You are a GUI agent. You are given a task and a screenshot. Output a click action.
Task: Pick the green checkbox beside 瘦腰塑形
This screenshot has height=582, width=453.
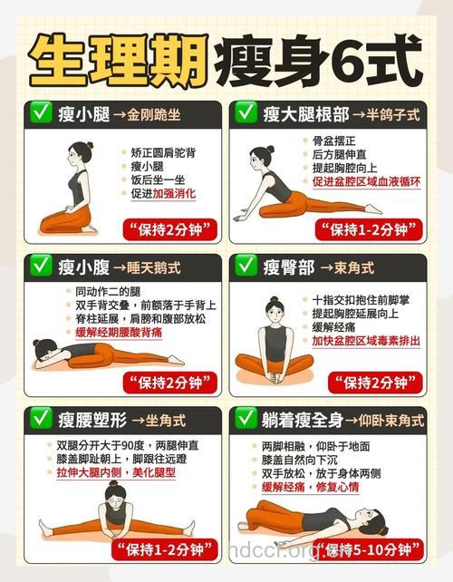[x=40, y=419]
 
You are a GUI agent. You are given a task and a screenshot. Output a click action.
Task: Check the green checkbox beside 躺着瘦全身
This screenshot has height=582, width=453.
[x=246, y=419]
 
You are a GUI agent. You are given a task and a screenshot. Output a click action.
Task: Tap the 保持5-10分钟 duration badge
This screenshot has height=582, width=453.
[x=371, y=549]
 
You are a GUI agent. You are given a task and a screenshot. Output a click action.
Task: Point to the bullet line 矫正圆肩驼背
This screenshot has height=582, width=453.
[x=165, y=152]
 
